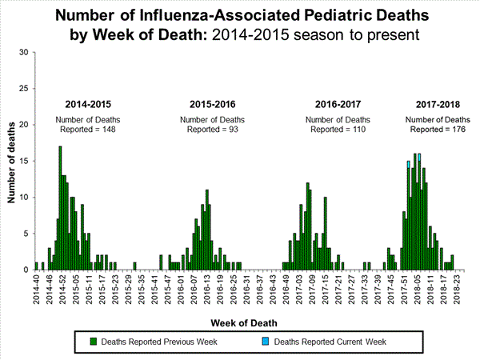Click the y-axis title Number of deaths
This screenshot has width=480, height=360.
[x=11, y=160]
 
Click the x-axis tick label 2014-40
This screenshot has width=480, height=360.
[x=36, y=288]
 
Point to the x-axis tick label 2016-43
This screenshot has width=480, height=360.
[x=274, y=288]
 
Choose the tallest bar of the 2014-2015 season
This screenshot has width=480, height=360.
[x=60, y=208]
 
